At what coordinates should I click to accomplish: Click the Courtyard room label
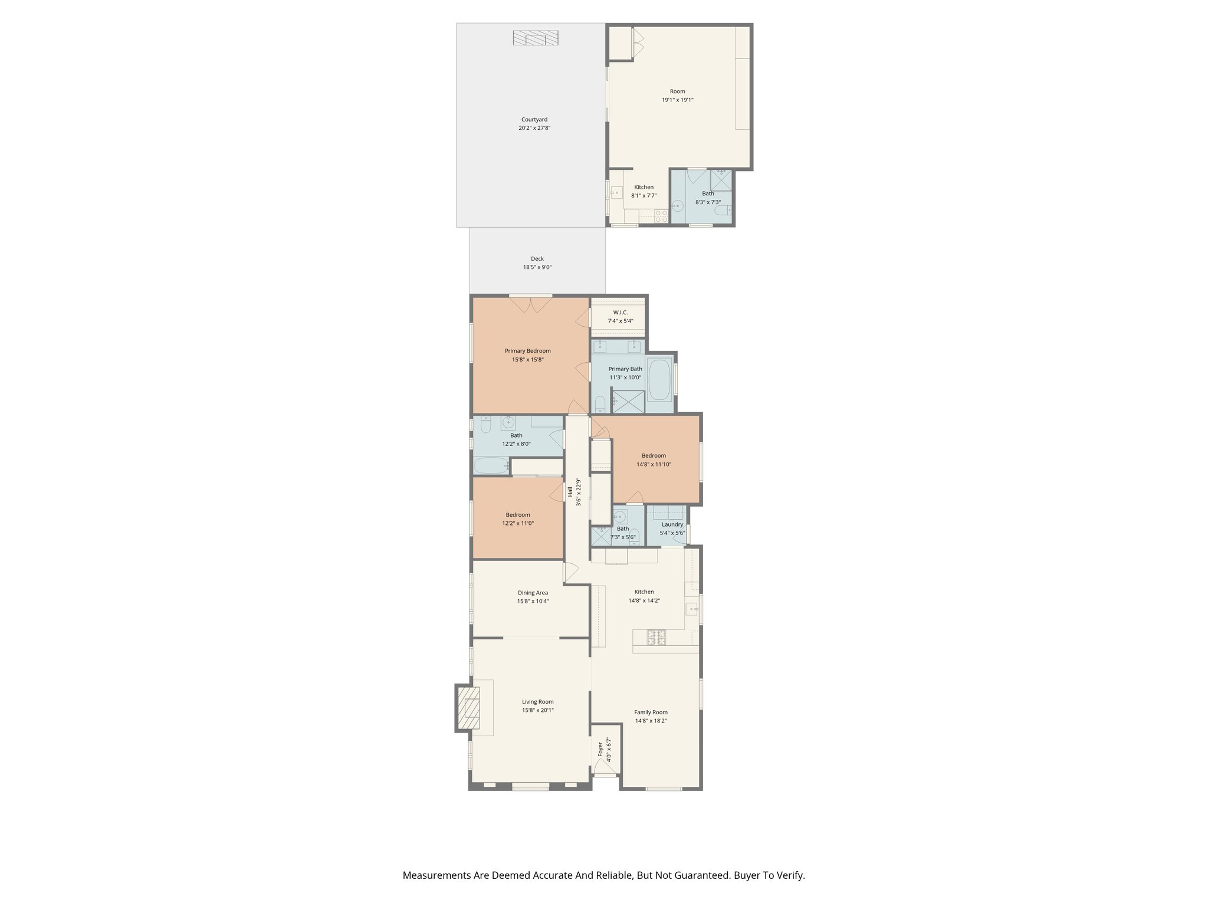(x=534, y=120)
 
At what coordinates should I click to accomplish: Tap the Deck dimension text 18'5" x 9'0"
(x=537, y=267)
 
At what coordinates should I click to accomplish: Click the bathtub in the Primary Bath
(x=659, y=380)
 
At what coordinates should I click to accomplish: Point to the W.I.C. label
(x=620, y=313)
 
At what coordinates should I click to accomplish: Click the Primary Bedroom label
(x=527, y=351)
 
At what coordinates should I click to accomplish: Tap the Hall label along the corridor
(x=570, y=491)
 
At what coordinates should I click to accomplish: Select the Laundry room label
(x=672, y=524)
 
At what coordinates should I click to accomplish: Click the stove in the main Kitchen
(x=656, y=637)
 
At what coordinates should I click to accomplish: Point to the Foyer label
(x=600, y=749)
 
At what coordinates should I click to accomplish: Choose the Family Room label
(x=651, y=712)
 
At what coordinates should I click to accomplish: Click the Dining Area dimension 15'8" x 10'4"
(x=533, y=602)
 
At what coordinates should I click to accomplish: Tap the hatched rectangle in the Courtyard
(x=535, y=38)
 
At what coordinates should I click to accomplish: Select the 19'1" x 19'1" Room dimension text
(x=677, y=100)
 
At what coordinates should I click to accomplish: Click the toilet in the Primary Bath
(x=600, y=404)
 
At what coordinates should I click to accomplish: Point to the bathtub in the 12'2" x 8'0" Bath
(x=491, y=467)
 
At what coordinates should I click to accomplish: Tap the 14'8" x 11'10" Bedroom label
(x=654, y=455)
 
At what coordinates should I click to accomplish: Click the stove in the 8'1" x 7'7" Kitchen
(x=661, y=216)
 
